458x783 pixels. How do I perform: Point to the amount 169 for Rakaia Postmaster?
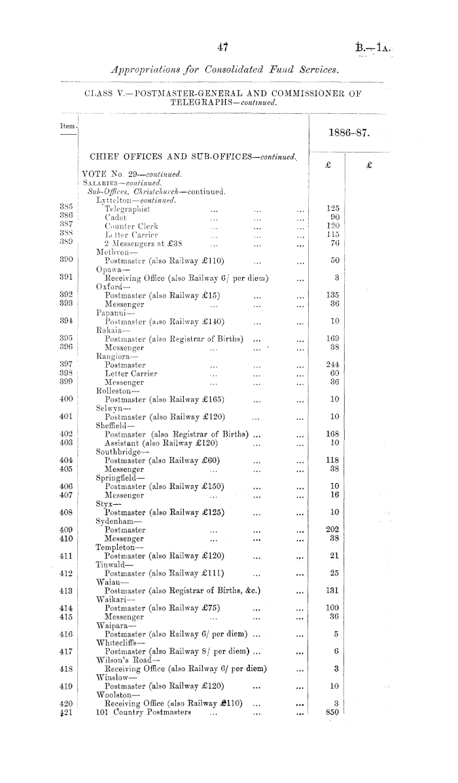(x=332, y=338)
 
